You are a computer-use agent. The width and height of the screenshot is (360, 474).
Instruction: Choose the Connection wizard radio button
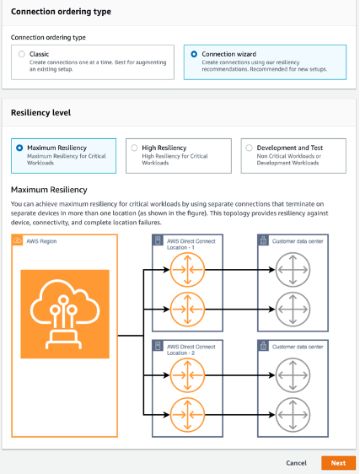195,54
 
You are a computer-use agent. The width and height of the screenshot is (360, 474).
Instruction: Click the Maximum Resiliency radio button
20,147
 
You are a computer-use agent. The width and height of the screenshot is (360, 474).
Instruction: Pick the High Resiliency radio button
133,147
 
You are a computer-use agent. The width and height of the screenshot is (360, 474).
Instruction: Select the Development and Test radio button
249,147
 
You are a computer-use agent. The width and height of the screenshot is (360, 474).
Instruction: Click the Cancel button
296,463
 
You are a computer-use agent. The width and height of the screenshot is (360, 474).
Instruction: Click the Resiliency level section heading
40,112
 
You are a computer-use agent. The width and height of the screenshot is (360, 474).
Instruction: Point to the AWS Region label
45,241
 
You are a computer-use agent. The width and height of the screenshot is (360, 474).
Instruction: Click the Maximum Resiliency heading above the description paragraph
49,190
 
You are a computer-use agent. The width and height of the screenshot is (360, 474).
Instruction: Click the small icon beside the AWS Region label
18,241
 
